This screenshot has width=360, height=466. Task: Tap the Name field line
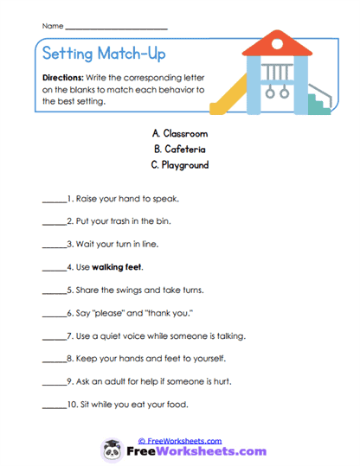116,29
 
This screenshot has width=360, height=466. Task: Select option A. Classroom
179,133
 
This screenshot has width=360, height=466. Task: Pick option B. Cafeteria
179,149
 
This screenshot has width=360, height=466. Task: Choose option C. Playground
179,164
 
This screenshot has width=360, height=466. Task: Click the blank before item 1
53,200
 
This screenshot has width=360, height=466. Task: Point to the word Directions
61,77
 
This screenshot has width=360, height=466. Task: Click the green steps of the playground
319,104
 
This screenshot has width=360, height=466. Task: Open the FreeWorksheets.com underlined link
179,440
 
